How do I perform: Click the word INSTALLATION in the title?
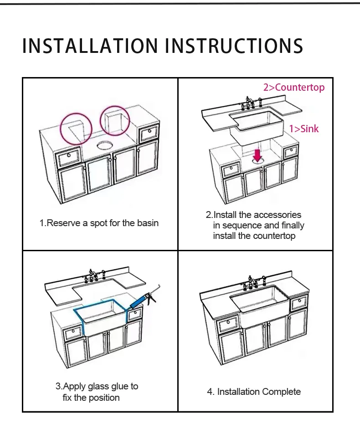click(90, 46)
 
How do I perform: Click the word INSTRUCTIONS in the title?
click(234, 46)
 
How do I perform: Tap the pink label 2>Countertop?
click(294, 88)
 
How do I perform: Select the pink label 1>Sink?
click(304, 129)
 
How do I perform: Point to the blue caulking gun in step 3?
click(144, 299)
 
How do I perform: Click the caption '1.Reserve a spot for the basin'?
click(99, 223)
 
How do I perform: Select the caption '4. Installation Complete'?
click(254, 392)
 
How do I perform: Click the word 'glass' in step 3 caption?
click(98, 386)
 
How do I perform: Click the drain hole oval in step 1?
click(105, 145)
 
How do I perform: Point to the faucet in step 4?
click(252, 283)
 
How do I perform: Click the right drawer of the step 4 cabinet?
click(299, 303)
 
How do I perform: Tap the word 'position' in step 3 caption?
click(104, 398)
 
